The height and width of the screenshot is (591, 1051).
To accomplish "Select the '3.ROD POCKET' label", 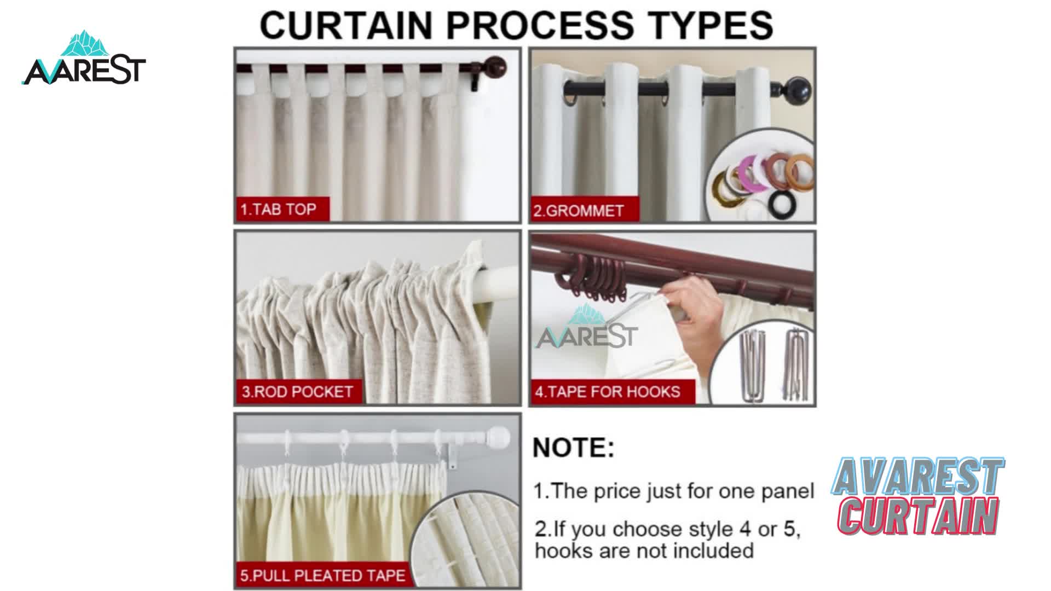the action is [299, 392].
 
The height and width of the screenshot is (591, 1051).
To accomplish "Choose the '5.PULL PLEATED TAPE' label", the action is [323, 575].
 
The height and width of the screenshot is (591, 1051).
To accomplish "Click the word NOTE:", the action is [574, 448].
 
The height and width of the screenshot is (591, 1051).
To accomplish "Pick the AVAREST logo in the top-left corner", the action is [84, 59].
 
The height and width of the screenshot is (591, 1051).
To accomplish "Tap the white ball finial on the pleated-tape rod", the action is [498, 438].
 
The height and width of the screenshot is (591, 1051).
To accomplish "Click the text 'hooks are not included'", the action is [644, 550].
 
